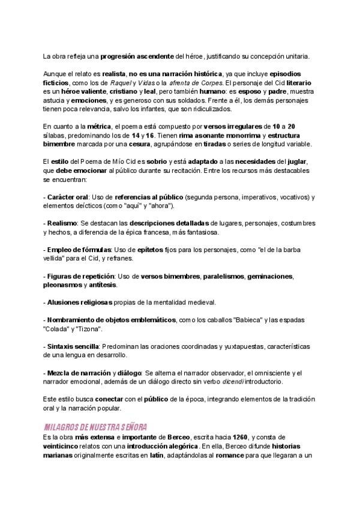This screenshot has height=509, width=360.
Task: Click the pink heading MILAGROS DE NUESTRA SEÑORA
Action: (96, 427)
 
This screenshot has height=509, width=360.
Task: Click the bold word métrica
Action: (99, 127)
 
